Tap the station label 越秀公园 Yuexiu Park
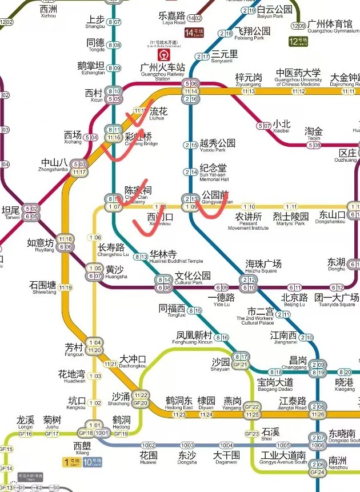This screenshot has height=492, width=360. coord(217,146)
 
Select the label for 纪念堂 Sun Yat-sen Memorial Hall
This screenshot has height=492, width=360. coord(214,171)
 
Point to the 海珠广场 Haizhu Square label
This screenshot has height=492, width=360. coord(263,266)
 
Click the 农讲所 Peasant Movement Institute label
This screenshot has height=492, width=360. coord(249,220)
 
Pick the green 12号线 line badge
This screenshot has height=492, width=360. coord(298,41)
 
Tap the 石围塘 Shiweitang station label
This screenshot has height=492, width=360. coord(43,287)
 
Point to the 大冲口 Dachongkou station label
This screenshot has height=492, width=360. coord(133,362)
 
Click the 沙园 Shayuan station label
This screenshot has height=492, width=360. coord(221,364)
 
